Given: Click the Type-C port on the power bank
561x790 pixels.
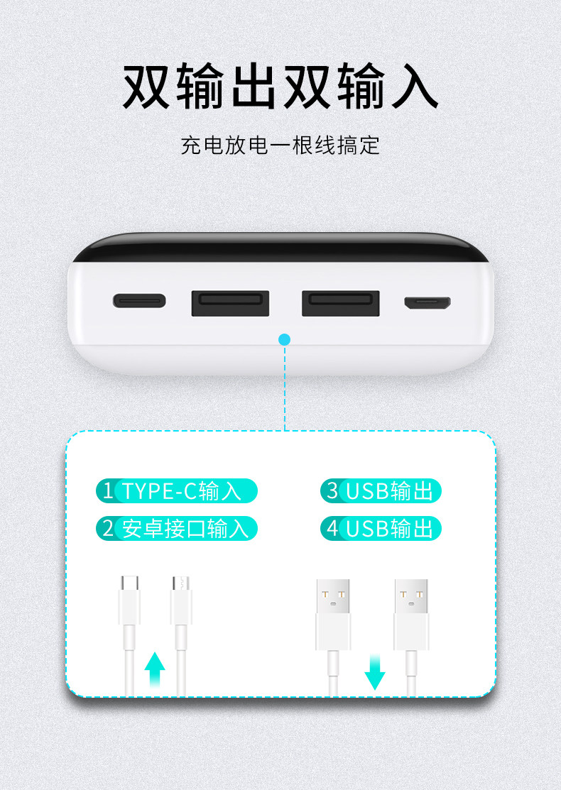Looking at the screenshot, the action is [x=139, y=301].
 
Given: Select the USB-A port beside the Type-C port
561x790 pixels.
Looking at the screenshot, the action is [x=230, y=302].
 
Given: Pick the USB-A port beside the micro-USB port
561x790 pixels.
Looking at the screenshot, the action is [x=341, y=302].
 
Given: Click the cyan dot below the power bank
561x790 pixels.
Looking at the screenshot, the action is [x=285, y=339].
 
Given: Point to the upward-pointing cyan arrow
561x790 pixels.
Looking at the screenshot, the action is [x=155, y=670].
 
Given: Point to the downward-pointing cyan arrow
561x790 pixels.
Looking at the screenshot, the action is [x=375, y=671].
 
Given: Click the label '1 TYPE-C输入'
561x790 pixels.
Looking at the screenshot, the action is [x=177, y=491].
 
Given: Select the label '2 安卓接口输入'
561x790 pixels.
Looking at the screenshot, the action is [x=177, y=529].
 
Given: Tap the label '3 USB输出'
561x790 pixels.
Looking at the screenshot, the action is [x=381, y=491].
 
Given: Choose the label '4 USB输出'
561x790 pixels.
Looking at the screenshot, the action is [x=381, y=529].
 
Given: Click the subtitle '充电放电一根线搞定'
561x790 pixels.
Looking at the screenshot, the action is [x=280, y=146].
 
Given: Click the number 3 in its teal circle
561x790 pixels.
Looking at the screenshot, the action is [x=332, y=491].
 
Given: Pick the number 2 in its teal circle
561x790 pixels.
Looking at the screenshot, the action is [x=108, y=529].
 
